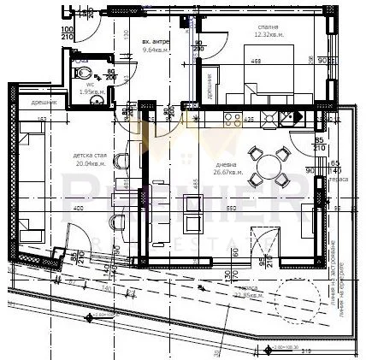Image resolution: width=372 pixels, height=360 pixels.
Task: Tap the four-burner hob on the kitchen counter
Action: (275, 118)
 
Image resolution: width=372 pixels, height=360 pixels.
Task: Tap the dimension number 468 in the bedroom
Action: (256, 62)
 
